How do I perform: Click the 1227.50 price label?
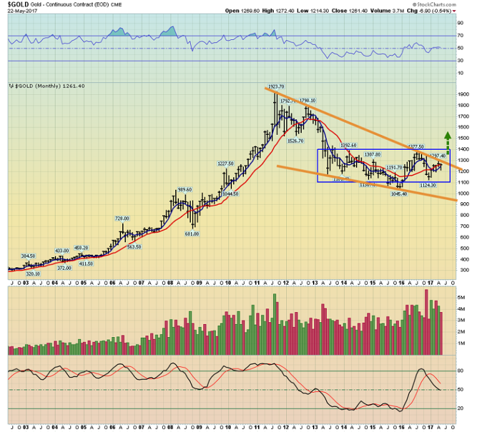224,163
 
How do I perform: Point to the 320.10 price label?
32,273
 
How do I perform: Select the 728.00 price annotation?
122,218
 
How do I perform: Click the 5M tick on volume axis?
462,298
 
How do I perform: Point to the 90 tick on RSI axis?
461,22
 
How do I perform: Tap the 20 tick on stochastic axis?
461,408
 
